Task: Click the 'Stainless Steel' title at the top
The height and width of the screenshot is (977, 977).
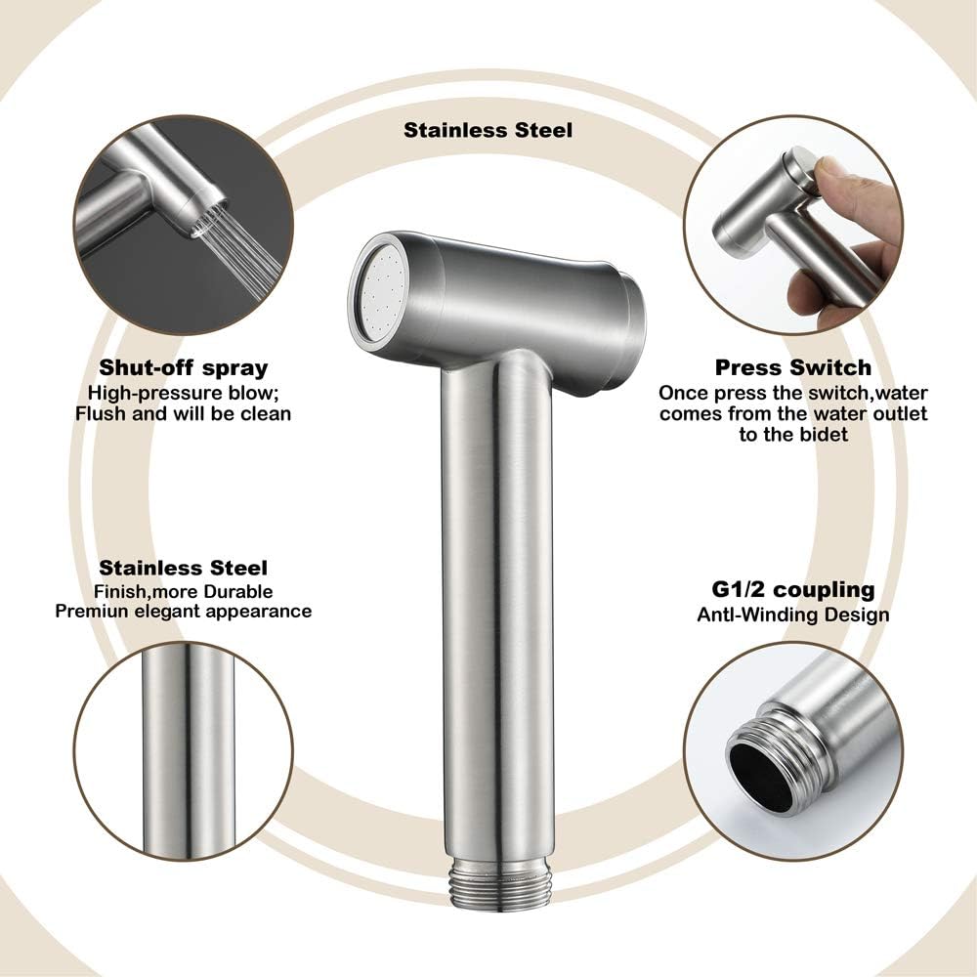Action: [x=488, y=129]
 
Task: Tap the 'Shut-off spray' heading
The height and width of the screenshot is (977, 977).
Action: [x=184, y=368]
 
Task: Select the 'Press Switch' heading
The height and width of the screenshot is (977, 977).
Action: [x=792, y=368]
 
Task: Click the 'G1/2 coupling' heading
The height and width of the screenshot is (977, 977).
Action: [x=792, y=590]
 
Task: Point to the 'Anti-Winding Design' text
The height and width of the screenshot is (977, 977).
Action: [x=792, y=615]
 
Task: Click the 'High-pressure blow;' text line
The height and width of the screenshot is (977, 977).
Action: [x=184, y=393]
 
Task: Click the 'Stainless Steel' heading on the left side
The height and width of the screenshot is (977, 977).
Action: [x=184, y=568]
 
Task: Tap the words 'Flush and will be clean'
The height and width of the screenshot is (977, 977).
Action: [x=184, y=413]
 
